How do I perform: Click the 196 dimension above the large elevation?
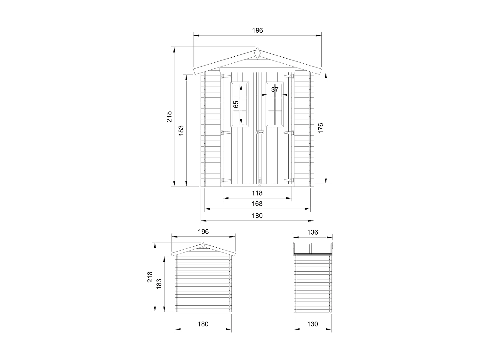pos(257,30)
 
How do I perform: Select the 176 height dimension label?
pos(321,128)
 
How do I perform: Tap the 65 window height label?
pos(236,104)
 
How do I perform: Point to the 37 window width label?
pos(275,90)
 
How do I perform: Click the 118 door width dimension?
pos(257,193)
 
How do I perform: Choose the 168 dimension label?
pos(257,204)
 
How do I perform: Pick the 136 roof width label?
pos(313,232)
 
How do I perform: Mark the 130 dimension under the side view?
pos(313,324)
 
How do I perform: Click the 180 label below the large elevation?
pos(257,215)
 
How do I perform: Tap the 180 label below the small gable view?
pos(203,324)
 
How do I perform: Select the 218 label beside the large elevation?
pos(169,116)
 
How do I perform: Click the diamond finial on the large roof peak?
pos(257,53)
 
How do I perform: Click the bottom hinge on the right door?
pos(289,180)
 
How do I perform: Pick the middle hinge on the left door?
pos(226,132)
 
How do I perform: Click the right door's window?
pos(275,104)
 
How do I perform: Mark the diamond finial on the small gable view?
pos(203,246)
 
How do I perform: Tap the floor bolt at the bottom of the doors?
pos(260,182)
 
